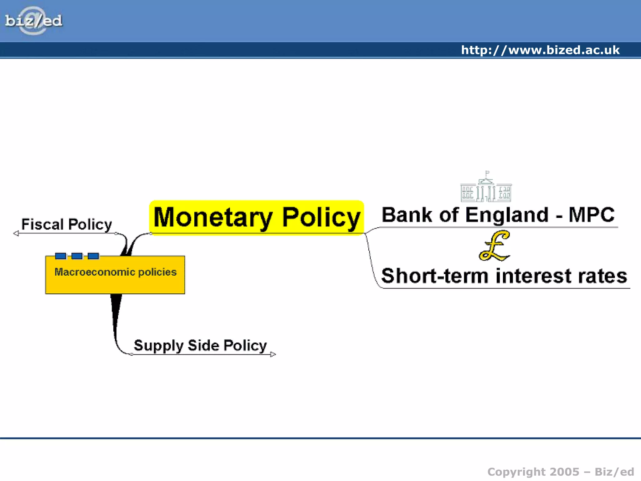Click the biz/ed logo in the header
coord(33,21)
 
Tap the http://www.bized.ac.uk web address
coord(540,50)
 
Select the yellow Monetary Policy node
coord(257,217)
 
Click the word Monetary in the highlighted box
coord(213,217)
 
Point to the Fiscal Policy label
coord(66,224)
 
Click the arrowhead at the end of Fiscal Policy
coord(16,233)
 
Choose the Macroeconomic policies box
coord(115,275)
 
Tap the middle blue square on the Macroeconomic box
coord(77,256)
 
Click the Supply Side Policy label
coord(200,345)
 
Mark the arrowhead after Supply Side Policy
coord(273,354)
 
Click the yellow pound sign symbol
coord(495,246)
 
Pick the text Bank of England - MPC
coord(498,215)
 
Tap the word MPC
coord(591,215)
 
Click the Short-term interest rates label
coord(504,276)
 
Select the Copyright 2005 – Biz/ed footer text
coord(561,472)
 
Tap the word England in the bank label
coord(507,215)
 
